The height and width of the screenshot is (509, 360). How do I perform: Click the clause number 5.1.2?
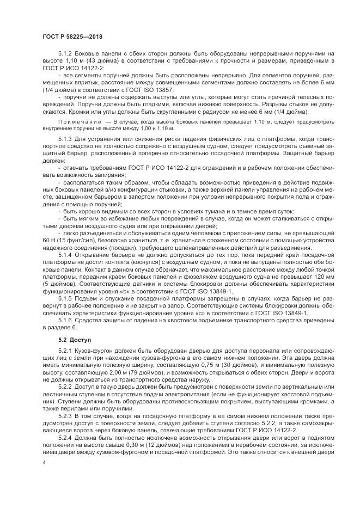[x=65, y=54]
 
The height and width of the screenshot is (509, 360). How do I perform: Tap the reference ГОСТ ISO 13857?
[x=152, y=89]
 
